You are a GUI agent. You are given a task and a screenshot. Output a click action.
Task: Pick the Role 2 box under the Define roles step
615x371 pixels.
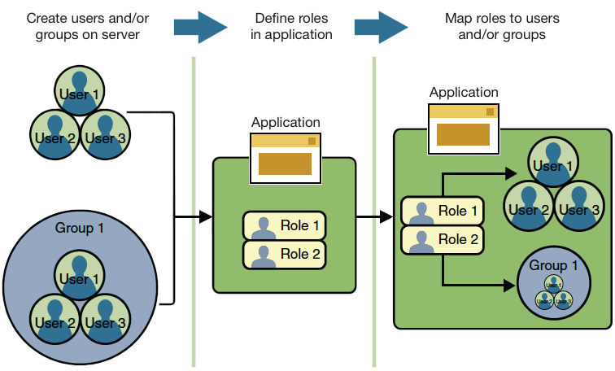[285, 255]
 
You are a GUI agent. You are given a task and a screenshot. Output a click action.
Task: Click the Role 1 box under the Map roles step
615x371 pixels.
[443, 211]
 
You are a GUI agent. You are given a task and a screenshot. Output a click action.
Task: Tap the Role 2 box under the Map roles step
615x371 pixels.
[443, 239]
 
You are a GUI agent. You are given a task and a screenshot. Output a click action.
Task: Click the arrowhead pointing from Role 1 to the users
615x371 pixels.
[510, 172]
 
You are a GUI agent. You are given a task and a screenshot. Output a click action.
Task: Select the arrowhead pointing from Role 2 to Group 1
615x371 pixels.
[510, 284]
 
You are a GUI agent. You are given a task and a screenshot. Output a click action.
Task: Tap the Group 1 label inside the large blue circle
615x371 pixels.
[79, 228]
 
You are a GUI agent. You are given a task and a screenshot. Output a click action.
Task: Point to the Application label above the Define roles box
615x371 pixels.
[286, 122]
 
